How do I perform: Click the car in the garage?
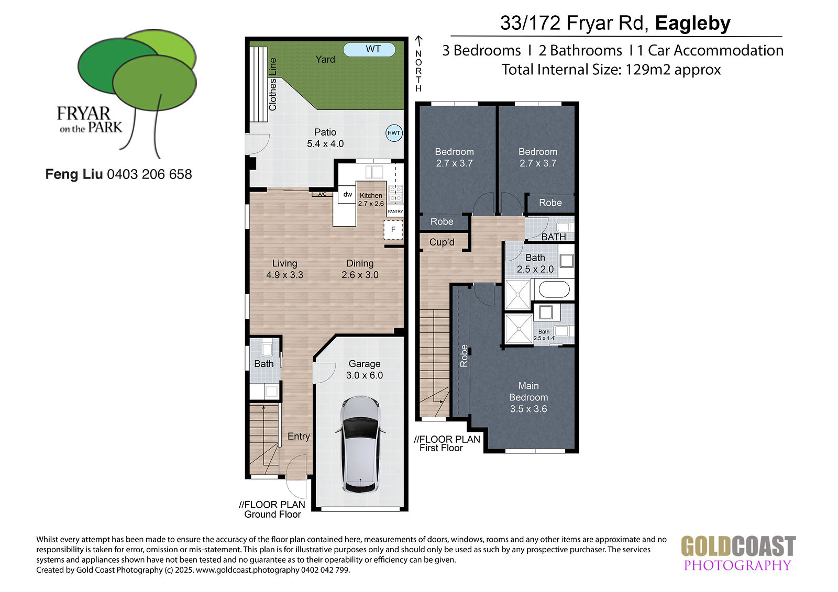pos(360,444)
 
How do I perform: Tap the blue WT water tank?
pos(369,49)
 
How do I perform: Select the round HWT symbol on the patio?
pos(394,133)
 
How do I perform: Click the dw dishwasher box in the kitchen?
pos(347,195)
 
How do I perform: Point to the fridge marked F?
pos(393,229)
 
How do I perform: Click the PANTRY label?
pos(395,211)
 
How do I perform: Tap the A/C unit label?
pos(322,194)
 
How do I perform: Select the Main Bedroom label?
pos(528,392)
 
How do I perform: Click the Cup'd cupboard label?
pos(442,242)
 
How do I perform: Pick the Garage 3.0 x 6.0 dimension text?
pos(365,375)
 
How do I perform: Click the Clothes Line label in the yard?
pos(272,84)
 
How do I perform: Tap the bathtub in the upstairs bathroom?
pos(554,289)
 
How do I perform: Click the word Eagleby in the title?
pos(693,23)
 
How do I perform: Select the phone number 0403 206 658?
pos(150,174)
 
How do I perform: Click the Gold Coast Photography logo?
pos(738,553)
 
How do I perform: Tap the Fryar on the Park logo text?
pos(90,119)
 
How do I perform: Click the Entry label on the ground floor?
pos(299,437)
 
